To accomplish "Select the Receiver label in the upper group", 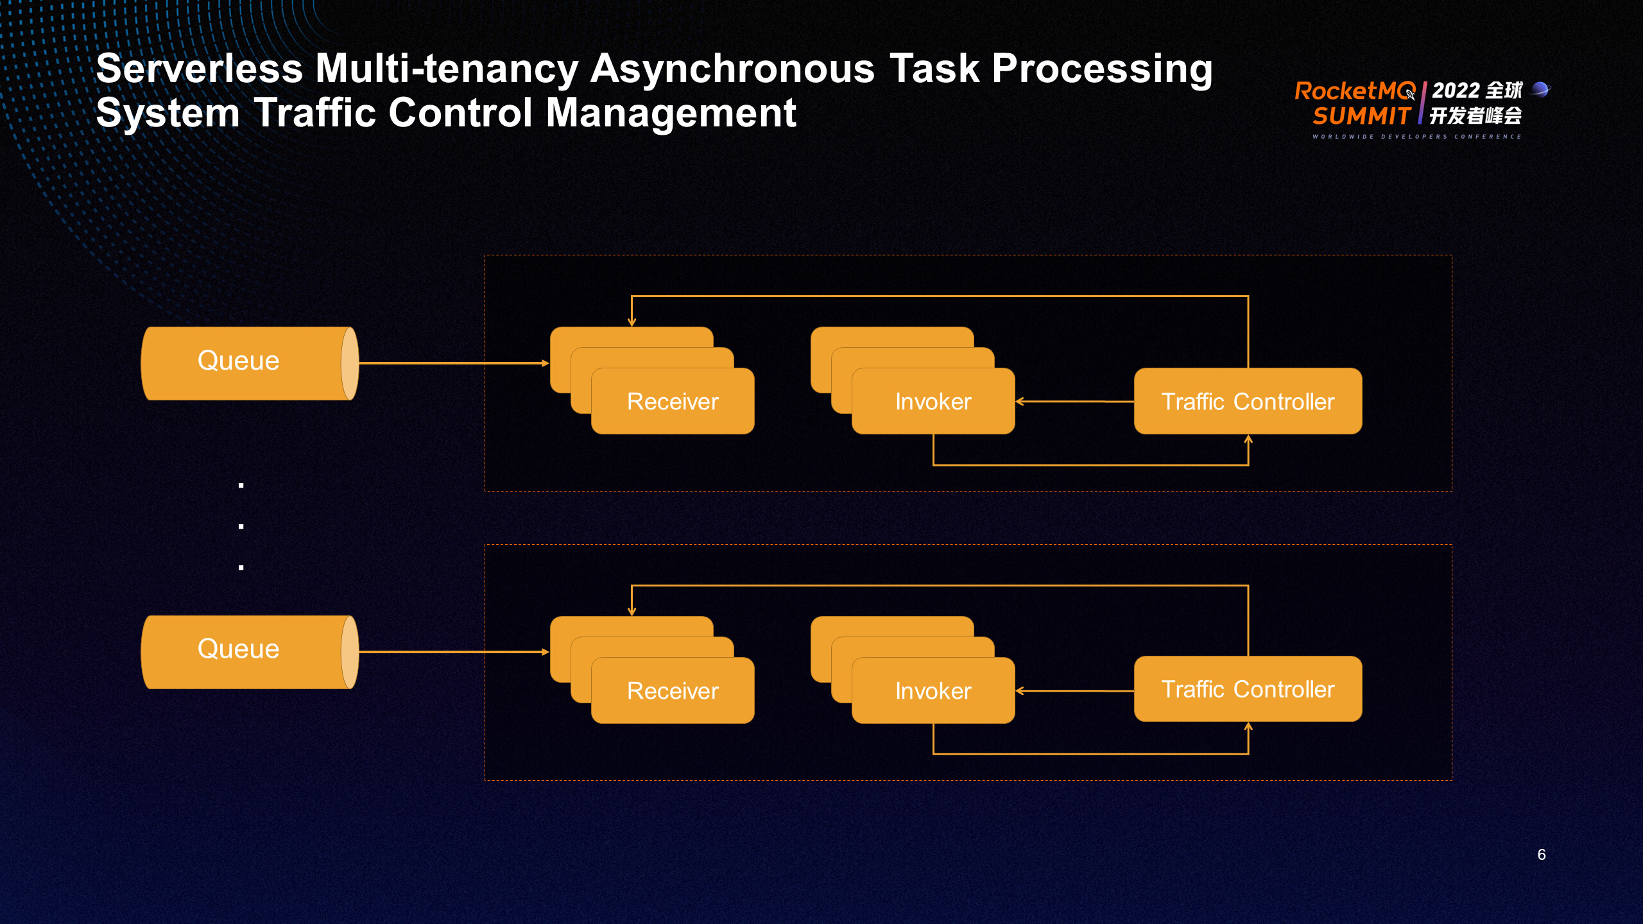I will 673,402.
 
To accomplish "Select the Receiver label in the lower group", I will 673,691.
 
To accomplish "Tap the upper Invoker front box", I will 933,402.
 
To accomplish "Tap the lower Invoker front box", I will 933,691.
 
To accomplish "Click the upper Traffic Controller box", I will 1248,402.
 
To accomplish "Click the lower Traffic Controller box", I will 1248,689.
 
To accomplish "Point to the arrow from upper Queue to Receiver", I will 453,363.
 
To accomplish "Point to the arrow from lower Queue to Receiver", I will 453,652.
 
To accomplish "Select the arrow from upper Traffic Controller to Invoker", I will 1075,402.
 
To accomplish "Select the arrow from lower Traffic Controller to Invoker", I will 1075,691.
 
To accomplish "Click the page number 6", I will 1542,855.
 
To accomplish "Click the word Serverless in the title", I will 199,68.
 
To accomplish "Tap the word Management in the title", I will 671,113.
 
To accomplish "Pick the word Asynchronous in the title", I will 732,68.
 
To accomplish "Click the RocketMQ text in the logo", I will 1354,91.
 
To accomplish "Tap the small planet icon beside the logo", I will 1540,89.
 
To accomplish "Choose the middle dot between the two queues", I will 241,526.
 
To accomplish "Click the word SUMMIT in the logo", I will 1361,116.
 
